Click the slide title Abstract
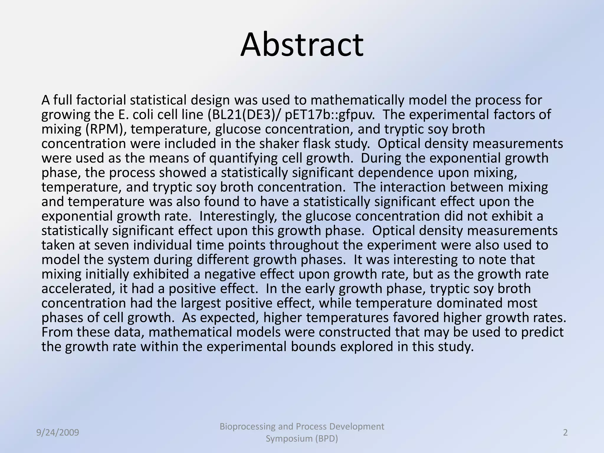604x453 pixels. click(302, 45)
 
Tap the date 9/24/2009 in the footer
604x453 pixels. click(58, 433)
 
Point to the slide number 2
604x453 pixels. click(565, 433)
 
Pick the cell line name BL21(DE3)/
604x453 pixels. click(245, 114)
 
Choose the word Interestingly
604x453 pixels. click(238, 216)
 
